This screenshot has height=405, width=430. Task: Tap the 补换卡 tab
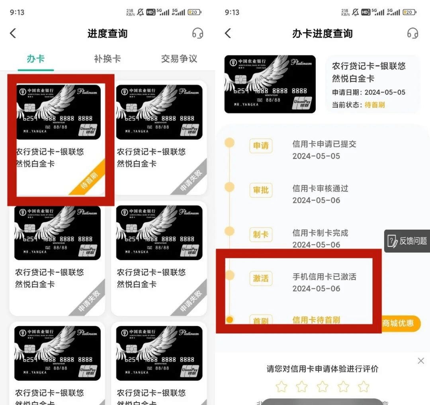(107, 59)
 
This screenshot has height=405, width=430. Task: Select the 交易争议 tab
(179, 59)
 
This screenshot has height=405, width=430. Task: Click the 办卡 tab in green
(35, 59)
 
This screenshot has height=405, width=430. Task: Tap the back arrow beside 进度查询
(13, 33)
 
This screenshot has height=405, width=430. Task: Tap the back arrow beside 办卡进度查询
(228, 33)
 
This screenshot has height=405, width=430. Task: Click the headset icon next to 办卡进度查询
(413, 33)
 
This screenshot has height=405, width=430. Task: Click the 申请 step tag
(261, 146)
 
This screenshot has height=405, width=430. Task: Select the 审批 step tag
(261, 190)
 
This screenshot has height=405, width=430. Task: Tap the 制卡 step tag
(261, 234)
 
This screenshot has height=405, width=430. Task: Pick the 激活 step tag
(261, 278)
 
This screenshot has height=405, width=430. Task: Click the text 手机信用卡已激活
(324, 277)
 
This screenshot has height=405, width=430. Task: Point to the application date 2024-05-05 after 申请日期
(385, 92)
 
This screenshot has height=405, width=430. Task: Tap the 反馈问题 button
(407, 241)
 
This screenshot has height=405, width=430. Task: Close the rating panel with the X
(421, 361)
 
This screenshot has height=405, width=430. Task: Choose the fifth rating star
(364, 387)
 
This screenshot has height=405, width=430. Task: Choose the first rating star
(281, 387)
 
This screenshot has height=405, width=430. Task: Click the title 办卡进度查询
(322, 33)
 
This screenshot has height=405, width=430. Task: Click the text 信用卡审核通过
(320, 189)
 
